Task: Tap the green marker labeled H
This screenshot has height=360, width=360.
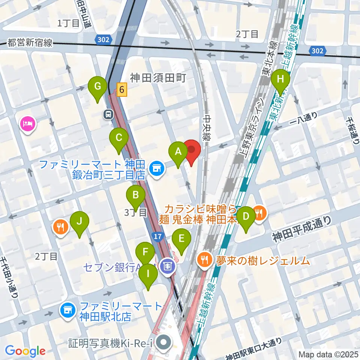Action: [280, 79]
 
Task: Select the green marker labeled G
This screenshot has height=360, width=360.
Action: [97, 87]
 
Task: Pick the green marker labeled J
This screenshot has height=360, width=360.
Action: [79, 222]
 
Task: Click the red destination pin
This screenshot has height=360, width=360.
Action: [192, 150]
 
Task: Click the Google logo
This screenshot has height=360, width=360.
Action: [25, 351]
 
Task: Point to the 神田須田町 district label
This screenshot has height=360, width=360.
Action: [158, 78]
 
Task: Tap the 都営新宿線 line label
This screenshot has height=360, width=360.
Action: [30, 43]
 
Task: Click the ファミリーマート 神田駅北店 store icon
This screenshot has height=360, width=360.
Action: [68, 310]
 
